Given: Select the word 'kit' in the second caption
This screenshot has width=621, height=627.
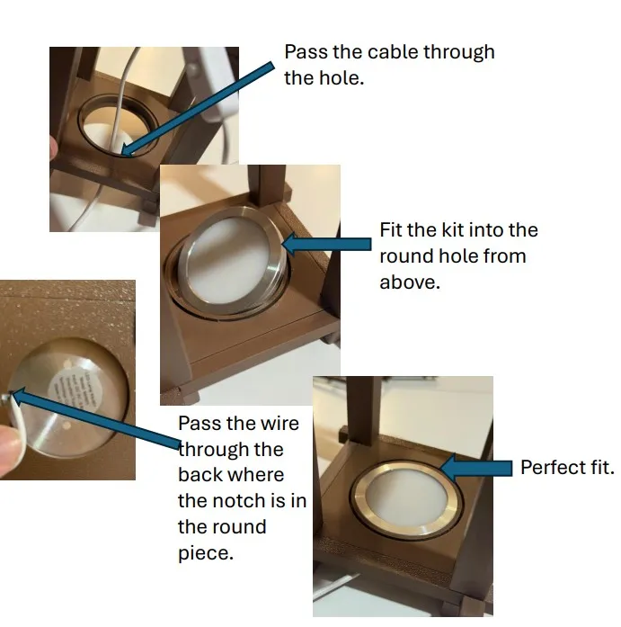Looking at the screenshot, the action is pos(452,230).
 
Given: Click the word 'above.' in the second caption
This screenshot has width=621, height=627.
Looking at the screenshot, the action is pos(409,282).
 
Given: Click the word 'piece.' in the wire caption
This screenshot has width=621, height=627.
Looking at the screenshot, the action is pos(205,553).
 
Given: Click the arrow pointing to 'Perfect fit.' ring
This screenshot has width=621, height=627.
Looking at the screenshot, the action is pos(475,467).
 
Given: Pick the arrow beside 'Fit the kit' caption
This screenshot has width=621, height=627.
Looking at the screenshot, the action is pos(326,244).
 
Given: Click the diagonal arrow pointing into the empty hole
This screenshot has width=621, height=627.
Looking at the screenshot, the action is pos(198,108).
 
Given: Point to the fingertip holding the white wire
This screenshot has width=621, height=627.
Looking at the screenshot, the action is pos(9,451).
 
